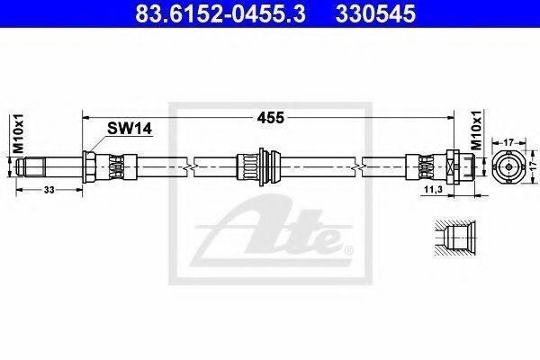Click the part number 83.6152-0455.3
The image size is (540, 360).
[220, 13]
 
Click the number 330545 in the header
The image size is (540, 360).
[375, 13]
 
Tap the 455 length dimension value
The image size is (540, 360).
[271, 118]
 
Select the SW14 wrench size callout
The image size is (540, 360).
[130, 129]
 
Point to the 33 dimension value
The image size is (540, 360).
[49, 190]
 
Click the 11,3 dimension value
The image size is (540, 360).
[433, 189]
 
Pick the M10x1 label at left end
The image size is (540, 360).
[18, 133]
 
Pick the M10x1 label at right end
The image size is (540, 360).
[477, 130]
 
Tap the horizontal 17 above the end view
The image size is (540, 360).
[508, 141]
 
